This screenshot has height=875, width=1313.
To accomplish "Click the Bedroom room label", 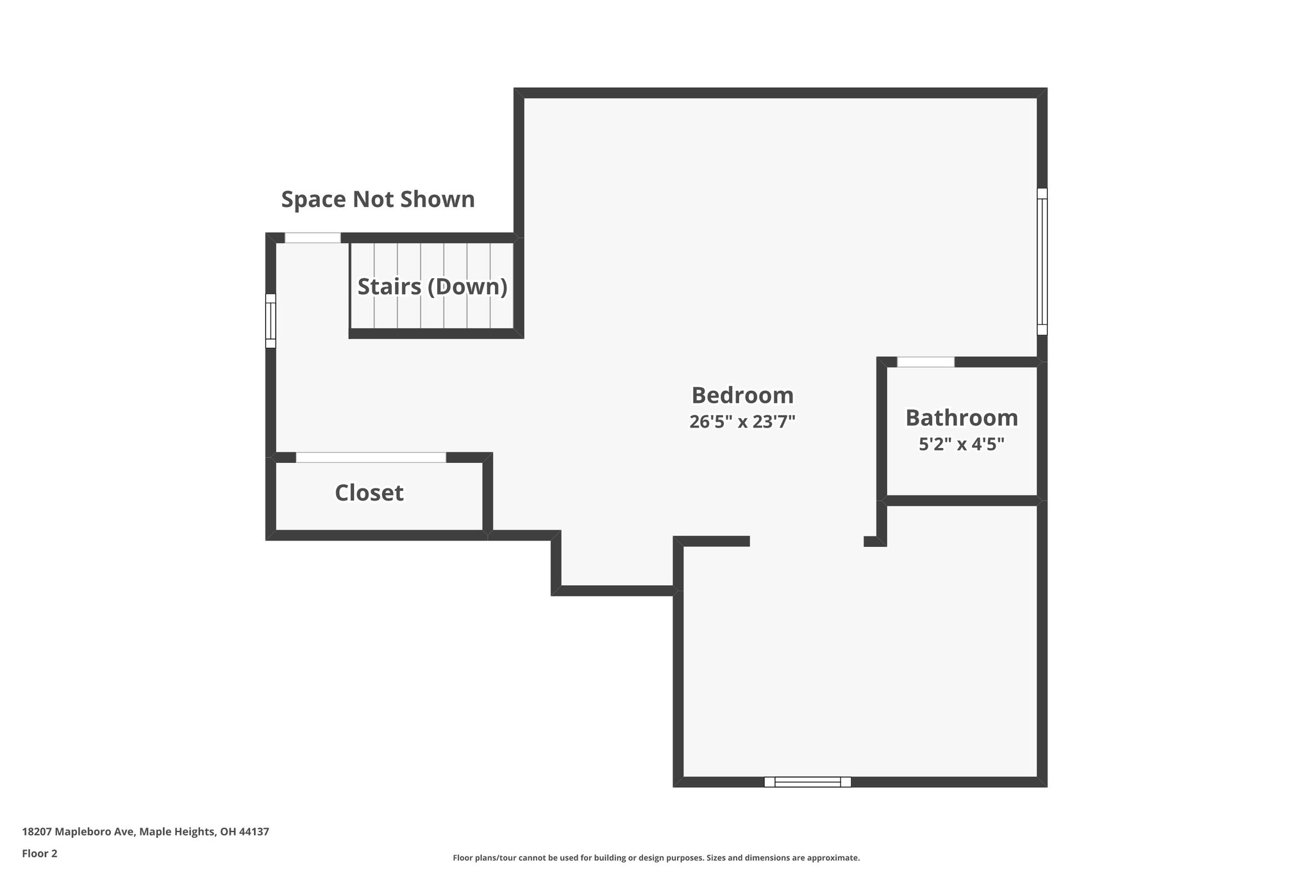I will [x=742, y=396].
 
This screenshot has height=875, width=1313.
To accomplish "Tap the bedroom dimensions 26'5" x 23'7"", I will [x=742, y=422].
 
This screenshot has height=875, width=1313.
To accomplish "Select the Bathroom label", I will [x=961, y=418].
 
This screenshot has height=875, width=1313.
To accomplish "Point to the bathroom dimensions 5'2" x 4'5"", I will [x=961, y=444].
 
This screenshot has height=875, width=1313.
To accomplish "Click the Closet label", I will [x=369, y=493].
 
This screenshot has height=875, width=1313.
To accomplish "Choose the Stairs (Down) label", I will [x=432, y=287].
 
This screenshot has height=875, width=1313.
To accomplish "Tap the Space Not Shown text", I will [x=378, y=199].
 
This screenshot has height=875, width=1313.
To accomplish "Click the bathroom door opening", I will [x=925, y=362].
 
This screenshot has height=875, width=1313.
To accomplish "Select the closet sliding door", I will [x=371, y=457].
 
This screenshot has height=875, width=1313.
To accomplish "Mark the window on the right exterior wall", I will [x=1042, y=261].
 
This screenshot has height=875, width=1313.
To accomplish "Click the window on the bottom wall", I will [x=807, y=781].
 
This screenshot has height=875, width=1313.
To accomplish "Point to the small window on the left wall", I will [x=271, y=321].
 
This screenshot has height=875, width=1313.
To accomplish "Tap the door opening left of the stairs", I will [x=312, y=238].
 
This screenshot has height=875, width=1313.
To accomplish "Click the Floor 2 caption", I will [x=40, y=853].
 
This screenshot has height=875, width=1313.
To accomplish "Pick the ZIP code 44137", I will [x=254, y=831].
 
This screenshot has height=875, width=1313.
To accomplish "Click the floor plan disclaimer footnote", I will [x=656, y=858].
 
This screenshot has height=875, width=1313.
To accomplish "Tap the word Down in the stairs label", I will [x=467, y=287].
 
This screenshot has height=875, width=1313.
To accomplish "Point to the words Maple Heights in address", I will [x=177, y=831].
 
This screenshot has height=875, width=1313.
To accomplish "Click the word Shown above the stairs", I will [x=437, y=199].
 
